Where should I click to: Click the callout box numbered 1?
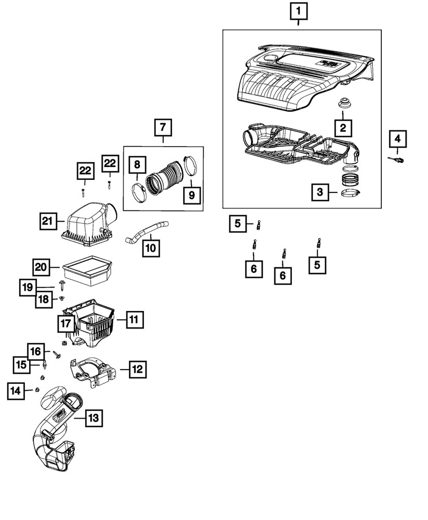[x=298, y=11]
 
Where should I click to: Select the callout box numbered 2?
[x=342, y=126]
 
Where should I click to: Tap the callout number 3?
[x=320, y=193]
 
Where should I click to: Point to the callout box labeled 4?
[x=397, y=139]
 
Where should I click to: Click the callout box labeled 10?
[x=150, y=248]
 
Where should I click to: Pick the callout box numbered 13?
[x=92, y=417]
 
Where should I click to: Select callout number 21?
[x=48, y=222]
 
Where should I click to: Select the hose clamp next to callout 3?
[x=351, y=194]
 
